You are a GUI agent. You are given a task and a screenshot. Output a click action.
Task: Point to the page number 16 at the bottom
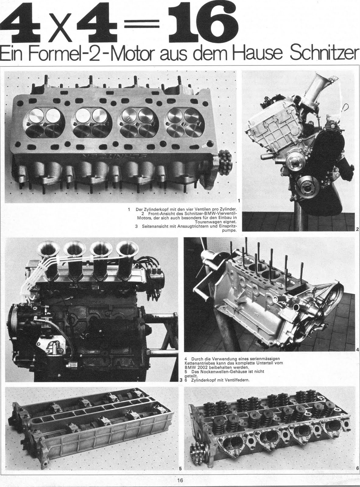180,480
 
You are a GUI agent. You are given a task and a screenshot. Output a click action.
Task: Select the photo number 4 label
358,350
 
